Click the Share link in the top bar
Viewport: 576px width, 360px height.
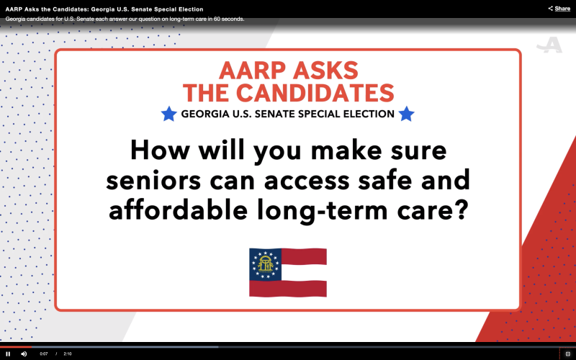559,9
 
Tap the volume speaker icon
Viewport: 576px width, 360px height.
24,354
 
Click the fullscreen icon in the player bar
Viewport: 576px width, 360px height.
567,354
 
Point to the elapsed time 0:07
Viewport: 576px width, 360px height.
44,354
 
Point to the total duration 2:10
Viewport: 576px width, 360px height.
68,354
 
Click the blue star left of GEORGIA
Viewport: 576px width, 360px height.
169,114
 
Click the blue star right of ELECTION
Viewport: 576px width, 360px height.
406,114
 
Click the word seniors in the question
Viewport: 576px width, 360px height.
153,181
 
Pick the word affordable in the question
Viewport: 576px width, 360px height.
178,210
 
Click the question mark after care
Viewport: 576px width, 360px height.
462,210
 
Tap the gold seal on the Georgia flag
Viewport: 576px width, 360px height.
266,264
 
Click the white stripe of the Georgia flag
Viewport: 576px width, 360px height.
304,273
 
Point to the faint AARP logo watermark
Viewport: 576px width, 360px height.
549,45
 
